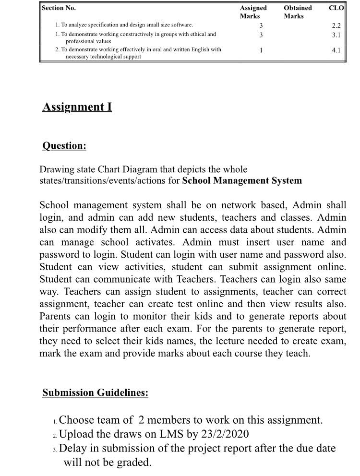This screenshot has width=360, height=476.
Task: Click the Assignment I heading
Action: (x=77, y=107)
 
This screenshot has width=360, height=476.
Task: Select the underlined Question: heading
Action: (x=64, y=145)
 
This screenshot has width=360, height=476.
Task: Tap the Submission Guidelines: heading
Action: (x=95, y=393)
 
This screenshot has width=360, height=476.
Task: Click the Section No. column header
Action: (x=59, y=8)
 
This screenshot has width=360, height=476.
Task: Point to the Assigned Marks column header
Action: (x=253, y=12)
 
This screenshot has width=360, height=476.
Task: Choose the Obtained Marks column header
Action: (x=297, y=12)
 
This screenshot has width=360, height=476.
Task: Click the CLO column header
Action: (x=336, y=8)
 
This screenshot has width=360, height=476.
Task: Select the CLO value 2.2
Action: (x=336, y=25)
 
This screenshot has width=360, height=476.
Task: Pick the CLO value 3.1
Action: (x=336, y=35)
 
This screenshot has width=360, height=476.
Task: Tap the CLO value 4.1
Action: (x=336, y=50)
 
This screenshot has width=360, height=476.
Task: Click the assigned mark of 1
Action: (x=260, y=50)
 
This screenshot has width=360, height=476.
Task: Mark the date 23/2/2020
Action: (x=222, y=435)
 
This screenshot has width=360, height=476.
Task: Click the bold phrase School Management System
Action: (x=242, y=181)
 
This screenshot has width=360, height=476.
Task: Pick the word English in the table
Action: (x=201, y=50)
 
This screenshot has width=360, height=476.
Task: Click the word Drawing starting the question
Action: (x=57, y=169)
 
